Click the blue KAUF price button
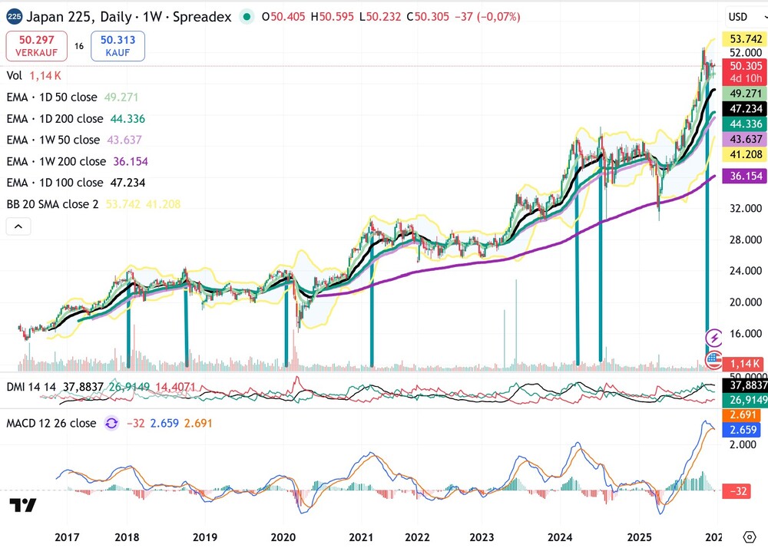coord(117,46)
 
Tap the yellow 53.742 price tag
coord(746,38)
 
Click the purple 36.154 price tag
coord(746,176)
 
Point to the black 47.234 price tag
coord(746,109)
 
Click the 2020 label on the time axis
coord(283,536)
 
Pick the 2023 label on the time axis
coord(482,536)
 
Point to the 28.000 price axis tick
coord(746,239)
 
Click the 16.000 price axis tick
coord(746,333)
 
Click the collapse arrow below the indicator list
coord(18,226)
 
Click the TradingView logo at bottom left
coord(23,505)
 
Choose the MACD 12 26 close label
coord(51,423)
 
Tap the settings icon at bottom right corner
coord(750,536)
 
